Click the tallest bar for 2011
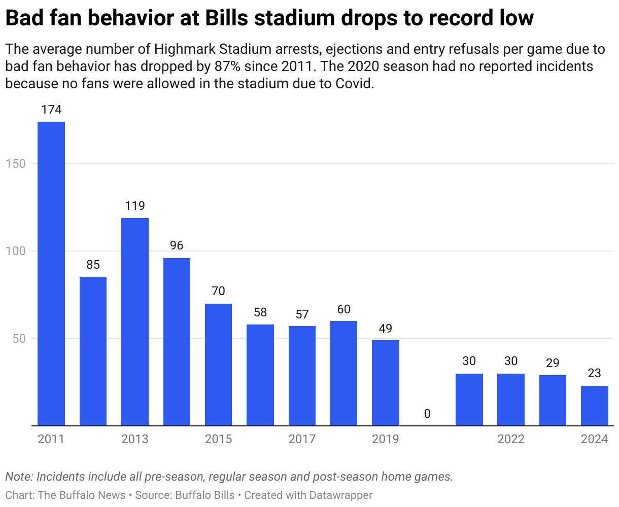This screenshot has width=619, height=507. pos(51,274)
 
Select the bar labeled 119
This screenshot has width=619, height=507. pos(135,322)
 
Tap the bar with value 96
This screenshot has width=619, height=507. pos(177,342)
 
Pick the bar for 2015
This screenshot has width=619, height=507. pos(218,365)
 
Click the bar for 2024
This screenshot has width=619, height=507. pos(594,406)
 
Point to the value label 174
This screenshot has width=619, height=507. pos(51,110)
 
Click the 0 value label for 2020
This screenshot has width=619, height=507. pos(427,414)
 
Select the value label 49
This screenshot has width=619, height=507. pos(386,329)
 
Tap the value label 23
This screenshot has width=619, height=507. pos(594,374)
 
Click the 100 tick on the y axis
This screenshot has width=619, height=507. pos(15,251)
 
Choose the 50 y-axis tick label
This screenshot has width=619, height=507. pos(19,339)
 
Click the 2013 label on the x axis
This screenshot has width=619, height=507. pos(135,439)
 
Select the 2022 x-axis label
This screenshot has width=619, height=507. pos(511,439)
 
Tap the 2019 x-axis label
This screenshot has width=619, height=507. pos(386,439)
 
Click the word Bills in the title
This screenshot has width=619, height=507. pos(227,18)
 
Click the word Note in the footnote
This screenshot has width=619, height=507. pos(18,477)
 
